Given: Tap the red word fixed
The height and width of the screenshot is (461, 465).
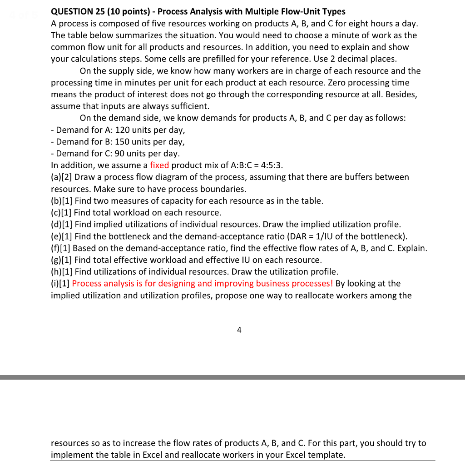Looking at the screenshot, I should (x=159, y=165).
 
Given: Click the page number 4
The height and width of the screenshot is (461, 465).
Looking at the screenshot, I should (x=239, y=330).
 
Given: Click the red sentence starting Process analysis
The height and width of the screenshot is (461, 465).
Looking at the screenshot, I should (x=203, y=283).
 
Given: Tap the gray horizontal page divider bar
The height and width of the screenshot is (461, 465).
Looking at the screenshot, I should (x=232, y=377).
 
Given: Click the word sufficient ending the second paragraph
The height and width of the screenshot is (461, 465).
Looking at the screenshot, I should (x=190, y=106).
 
